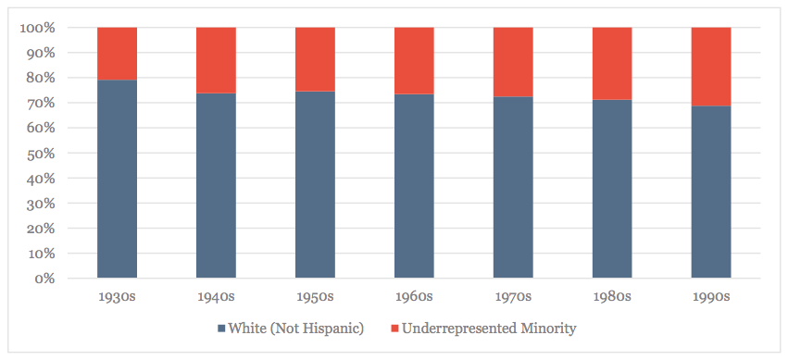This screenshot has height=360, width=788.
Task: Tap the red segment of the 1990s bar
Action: coord(711,67)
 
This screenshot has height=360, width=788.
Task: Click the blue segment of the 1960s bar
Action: coord(414,185)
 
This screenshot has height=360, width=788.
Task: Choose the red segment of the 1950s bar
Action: coord(315,59)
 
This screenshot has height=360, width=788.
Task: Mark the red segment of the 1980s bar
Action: coord(612,63)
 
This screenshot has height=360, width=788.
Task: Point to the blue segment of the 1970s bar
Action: coord(513,187)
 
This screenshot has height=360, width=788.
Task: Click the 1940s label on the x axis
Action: coord(216,296)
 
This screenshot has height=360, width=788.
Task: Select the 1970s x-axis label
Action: coord(513,296)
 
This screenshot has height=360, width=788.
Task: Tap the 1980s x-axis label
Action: coord(612,296)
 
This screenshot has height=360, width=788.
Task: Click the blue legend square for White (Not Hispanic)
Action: coord(221,329)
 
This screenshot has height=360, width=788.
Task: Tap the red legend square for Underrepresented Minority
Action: coord(394,329)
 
